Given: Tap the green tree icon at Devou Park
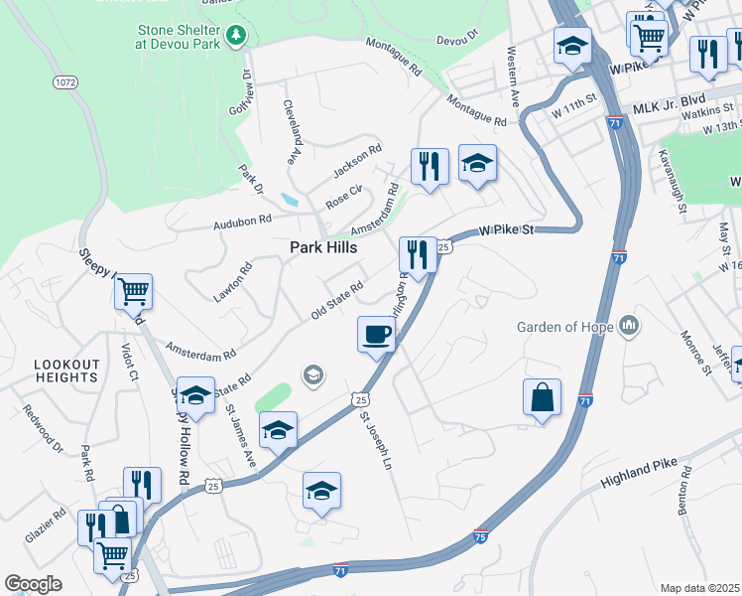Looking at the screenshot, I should pos(236,37).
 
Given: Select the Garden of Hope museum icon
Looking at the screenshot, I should pos(629,326).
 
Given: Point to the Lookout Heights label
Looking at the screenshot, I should pos(66,371).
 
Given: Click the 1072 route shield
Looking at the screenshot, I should pos(65,81).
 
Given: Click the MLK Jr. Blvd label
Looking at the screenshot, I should pos(670,107).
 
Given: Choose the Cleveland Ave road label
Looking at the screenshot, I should pos(292,131).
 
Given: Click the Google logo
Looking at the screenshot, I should pos(33,584).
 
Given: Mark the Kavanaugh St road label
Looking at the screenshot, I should pos(671,182).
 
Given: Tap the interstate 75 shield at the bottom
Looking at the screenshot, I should pos(481,535).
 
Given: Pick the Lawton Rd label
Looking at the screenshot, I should pos(233,281).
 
